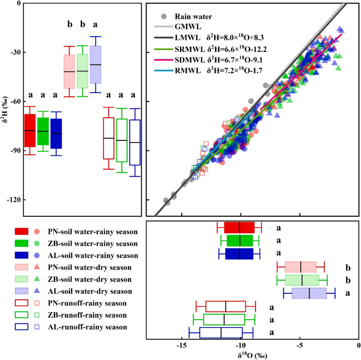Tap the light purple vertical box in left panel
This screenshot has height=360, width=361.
[95, 64]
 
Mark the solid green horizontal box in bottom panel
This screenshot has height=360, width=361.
[240, 240]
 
